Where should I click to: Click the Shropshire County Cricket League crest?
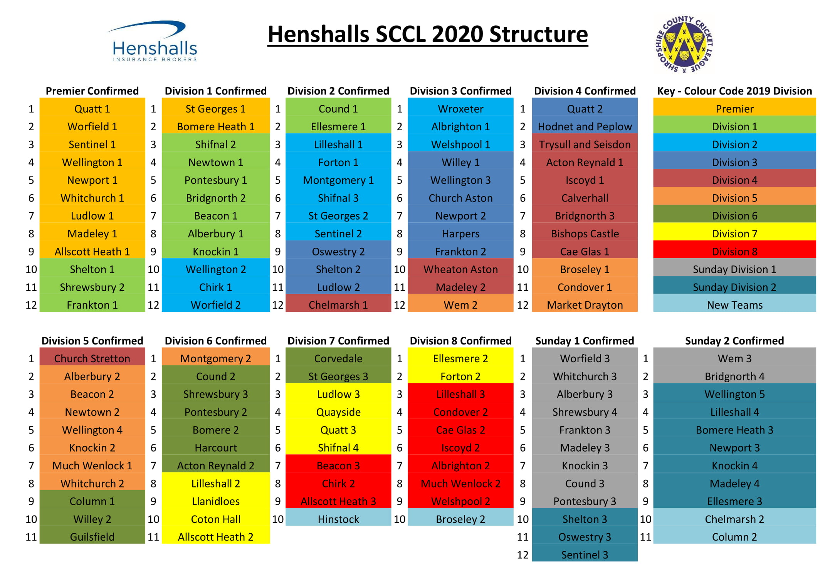[684, 44]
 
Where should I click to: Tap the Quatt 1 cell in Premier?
[92, 109]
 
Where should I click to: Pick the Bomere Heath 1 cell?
[216, 126]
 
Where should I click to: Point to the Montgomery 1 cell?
[338, 180]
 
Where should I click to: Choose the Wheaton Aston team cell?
[460, 269]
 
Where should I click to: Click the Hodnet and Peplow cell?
[585, 126]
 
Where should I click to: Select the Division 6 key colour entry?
[734, 215]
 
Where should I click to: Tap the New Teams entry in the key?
[734, 305]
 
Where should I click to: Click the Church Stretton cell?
[92, 358]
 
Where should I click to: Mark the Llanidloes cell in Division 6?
[216, 501]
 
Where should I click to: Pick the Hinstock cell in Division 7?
[338, 519]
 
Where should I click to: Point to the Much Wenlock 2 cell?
[460, 483]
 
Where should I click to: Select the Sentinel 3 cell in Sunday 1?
[585, 554]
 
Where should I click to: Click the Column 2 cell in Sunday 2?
[734, 537]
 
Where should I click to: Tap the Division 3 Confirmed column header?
[460, 91]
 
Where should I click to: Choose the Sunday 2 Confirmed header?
[734, 341]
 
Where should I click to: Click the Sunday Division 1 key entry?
[734, 269]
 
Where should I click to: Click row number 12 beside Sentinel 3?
[523, 554]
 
